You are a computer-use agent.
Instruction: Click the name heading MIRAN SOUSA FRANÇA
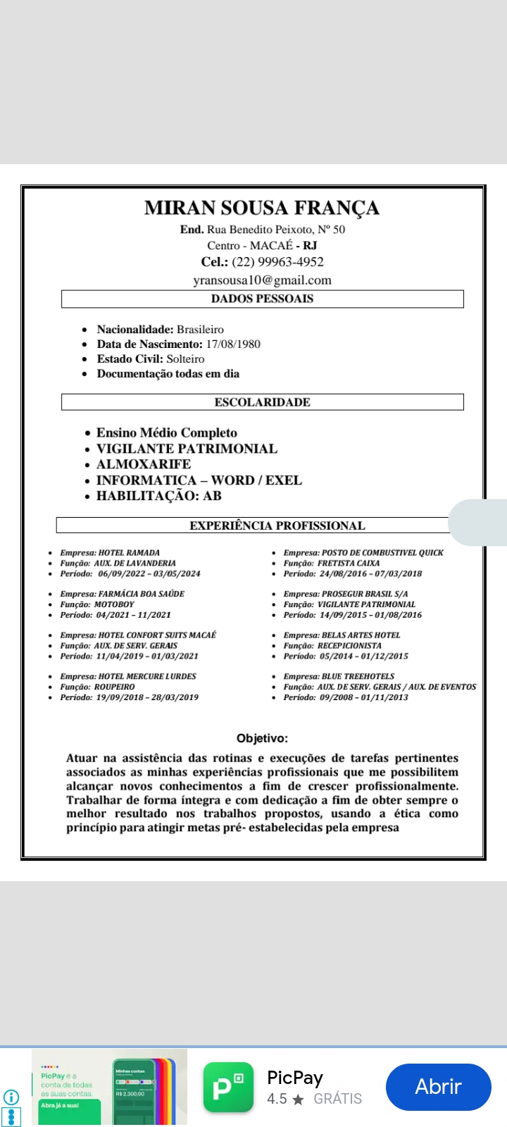tap(262, 208)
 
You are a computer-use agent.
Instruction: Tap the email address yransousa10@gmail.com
tap(262, 280)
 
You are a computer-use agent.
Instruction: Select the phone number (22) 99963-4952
tap(277, 262)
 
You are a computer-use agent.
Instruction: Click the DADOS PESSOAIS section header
tap(262, 299)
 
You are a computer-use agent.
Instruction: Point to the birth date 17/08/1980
tap(233, 344)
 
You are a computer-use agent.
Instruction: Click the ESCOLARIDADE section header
tap(262, 402)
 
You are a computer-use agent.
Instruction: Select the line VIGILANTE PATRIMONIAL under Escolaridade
tap(187, 449)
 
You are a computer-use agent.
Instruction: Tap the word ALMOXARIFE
tap(144, 464)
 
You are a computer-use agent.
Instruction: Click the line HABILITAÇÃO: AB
tap(159, 496)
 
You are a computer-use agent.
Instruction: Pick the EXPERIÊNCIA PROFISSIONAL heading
tap(277, 525)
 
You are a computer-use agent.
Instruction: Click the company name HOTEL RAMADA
tap(129, 553)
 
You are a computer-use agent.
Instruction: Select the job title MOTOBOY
tap(114, 604)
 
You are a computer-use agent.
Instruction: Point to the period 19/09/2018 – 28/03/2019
tap(147, 697)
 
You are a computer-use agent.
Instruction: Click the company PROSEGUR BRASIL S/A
tap(365, 594)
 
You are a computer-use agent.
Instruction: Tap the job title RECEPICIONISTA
tap(349, 645)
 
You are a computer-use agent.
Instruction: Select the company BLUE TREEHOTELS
tap(358, 676)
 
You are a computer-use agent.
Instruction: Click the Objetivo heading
tap(262, 738)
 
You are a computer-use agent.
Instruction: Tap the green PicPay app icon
tap(228, 1087)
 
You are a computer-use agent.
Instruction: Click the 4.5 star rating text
tap(277, 1099)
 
